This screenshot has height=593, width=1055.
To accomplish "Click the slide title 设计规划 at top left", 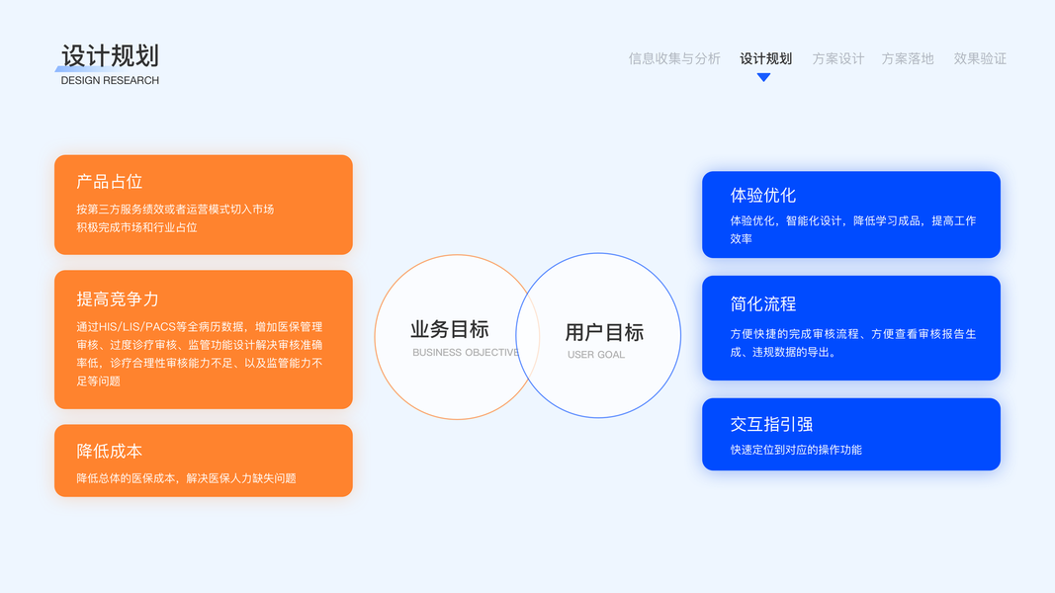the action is click(x=110, y=56).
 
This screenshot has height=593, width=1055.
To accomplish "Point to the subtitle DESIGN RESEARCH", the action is click(x=110, y=81).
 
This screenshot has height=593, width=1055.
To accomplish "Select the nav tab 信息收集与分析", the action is click(x=674, y=58).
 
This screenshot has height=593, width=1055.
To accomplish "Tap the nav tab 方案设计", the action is click(x=837, y=58).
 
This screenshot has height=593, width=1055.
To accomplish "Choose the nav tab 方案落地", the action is click(x=907, y=58).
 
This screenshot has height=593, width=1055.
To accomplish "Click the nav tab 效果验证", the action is click(x=979, y=58).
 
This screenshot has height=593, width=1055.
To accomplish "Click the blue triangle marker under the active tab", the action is click(x=763, y=77).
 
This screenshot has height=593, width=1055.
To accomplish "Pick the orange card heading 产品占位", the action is click(x=110, y=182).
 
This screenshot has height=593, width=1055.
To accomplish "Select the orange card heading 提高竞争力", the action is click(x=118, y=298).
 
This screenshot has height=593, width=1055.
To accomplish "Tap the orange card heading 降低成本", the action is click(x=110, y=451).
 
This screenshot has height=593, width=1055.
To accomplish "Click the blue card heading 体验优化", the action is click(x=763, y=195).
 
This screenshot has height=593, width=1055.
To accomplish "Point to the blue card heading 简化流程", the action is click(x=763, y=303).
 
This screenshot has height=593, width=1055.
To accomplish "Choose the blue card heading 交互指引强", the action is click(x=771, y=424).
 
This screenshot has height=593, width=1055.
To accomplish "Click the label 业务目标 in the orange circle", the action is click(x=450, y=330).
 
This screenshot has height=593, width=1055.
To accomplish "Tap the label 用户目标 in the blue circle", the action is click(x=604, y=332).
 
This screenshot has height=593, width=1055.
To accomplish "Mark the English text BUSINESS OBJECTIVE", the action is click(x=465, y=353).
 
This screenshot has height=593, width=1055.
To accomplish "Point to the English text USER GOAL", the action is click(x=596, y=355).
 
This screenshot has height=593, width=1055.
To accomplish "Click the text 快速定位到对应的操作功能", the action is click(x=796, y=450).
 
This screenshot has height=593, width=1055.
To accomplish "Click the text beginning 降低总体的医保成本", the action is click(x=186, y=478).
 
